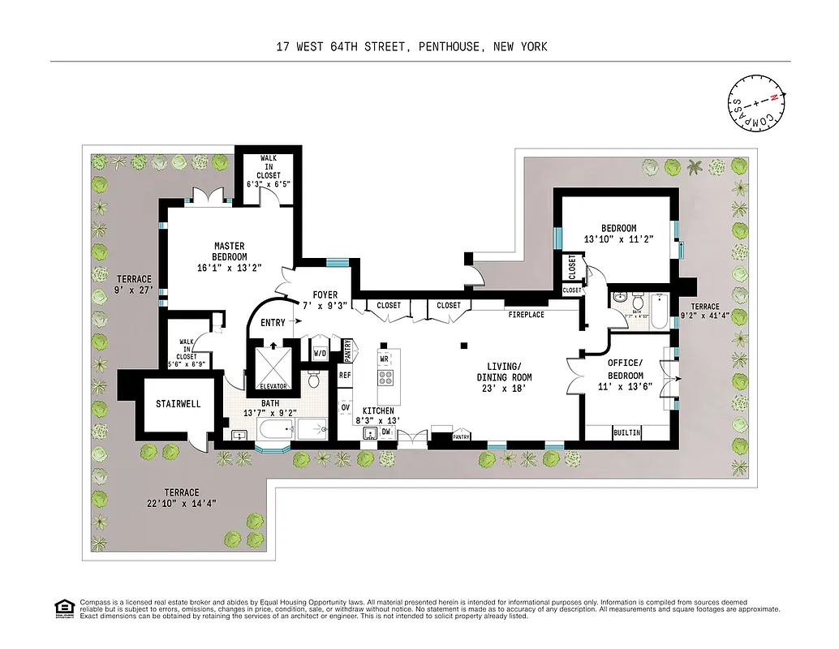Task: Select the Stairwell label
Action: coord(178,404)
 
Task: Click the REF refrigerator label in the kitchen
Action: coord(345,376)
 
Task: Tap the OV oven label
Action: coord(345,407)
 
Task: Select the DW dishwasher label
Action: coord(386,433)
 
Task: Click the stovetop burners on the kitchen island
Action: coord(386,377)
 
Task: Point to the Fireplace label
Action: coord(526,315)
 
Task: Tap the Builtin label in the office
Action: coord(626,433)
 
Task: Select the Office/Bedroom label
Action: coord(626,369)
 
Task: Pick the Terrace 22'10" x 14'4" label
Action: coord(182,497)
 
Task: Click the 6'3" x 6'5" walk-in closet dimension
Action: coord(269,184)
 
